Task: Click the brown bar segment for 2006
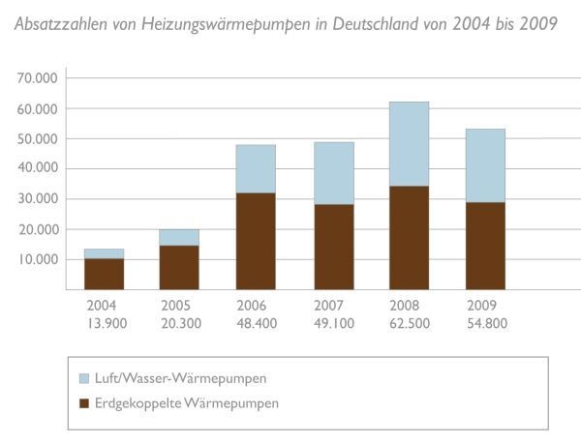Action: point(256,241)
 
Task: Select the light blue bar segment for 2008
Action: point(409,144)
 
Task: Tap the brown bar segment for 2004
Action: point(104,274)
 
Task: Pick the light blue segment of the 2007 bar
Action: point(332,173)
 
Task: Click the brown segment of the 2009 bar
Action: point(485,246)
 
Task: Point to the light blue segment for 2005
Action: point(179,237)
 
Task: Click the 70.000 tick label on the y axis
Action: point(38,78)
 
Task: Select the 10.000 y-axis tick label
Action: point(38,259)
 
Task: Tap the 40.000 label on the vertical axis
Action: point(38,168)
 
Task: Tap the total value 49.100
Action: point(332,323)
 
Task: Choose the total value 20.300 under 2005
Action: point(179,323)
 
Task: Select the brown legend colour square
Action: point(82,403)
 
